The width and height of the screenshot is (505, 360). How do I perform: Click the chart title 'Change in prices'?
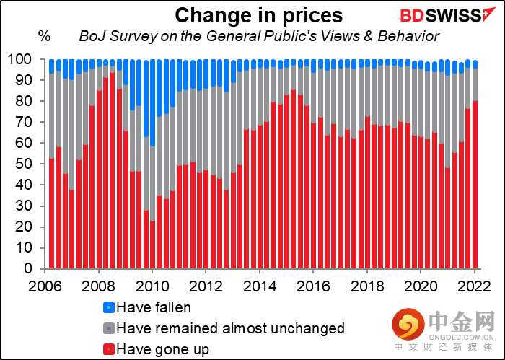(x=258, y=14)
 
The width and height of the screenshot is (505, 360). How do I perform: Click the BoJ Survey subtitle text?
(x=258, y=36)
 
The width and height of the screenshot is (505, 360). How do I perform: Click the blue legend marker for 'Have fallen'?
(x=107, y=307)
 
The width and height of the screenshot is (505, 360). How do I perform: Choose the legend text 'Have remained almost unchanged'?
(x=230, y=328)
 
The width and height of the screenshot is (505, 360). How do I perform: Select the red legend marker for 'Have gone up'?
(x=107, y=350)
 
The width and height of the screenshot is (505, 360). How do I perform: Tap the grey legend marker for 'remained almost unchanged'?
(x=107, y=328)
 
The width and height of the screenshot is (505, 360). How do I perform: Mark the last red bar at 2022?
(x=474, y=184)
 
